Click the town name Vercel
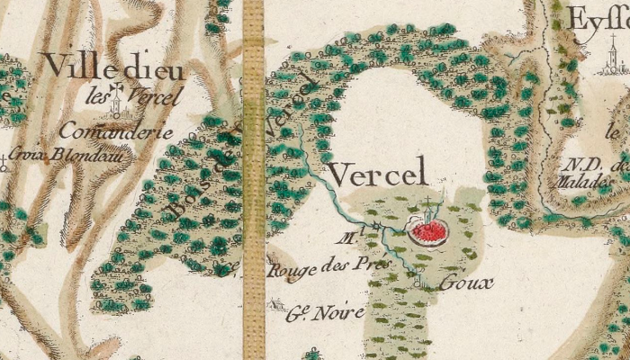pos(374,174)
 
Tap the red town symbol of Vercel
pos(429,233)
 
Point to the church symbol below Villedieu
pos(116,108)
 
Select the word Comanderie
pos(115,131)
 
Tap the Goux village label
pos(466,283)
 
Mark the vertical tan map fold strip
pos(254,180)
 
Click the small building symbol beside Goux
pos(420,284)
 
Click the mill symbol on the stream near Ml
pos(378,225)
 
